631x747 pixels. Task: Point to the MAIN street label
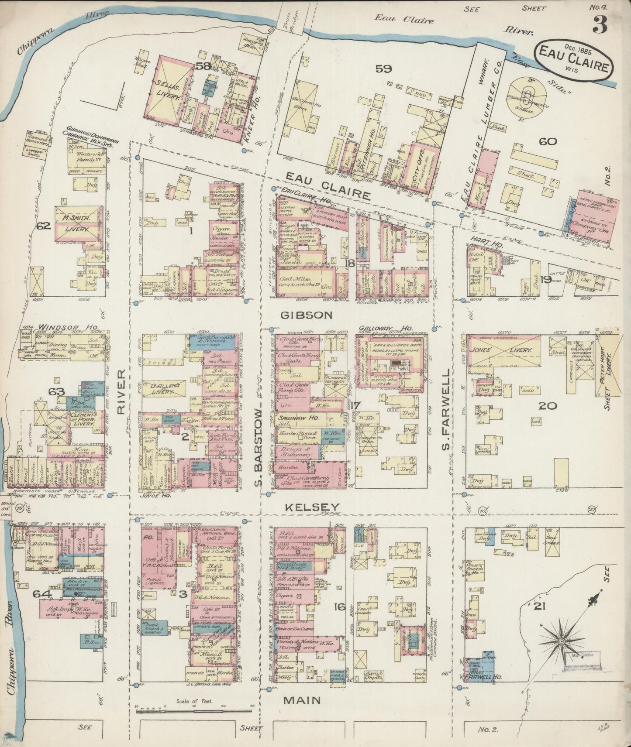[302, 701]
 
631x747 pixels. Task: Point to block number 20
[548, 406]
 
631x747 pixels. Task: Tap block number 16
[340, 606]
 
